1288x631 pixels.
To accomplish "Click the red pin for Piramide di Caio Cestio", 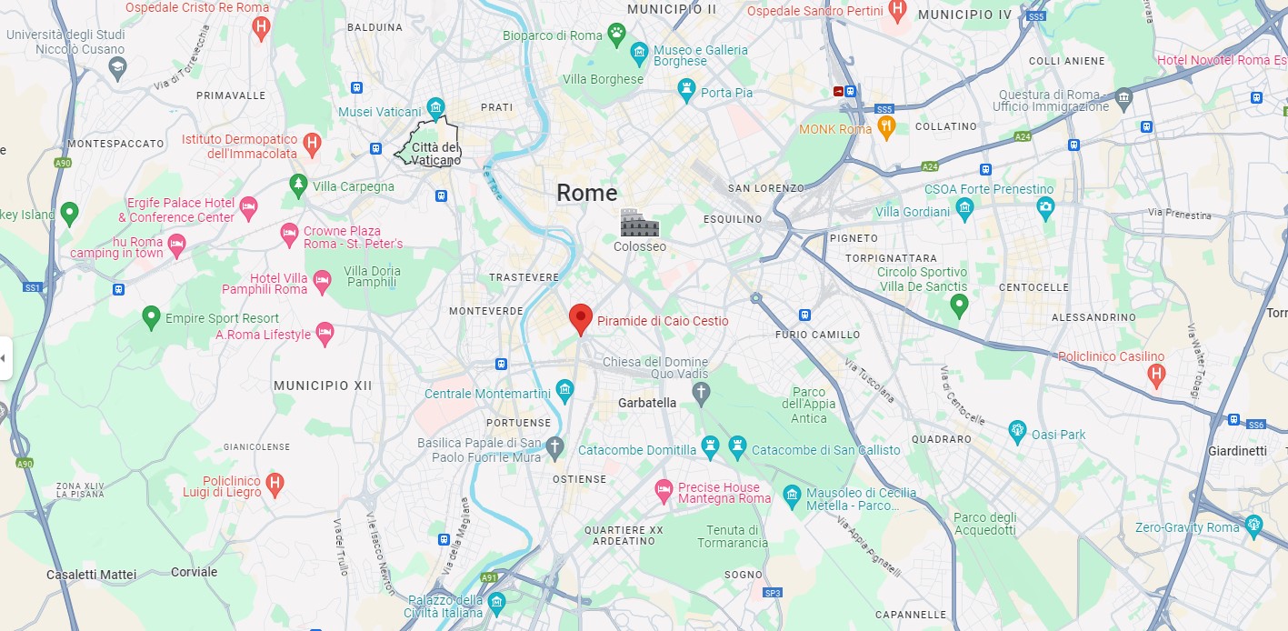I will click(580, 319).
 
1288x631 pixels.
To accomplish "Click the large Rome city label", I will click(586, 193).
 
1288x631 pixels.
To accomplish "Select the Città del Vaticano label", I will click(435, 154).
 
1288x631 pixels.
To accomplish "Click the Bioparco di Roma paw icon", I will click(617, 35).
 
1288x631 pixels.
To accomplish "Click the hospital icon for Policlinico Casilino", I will click(1156, 374).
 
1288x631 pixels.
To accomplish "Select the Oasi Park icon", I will click(1018, 434).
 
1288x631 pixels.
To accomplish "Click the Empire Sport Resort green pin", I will click(152, 318).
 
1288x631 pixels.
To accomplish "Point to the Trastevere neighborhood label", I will click(524, 276).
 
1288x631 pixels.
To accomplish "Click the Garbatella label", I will click(647, 403).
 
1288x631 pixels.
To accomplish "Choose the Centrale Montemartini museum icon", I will click(565, 393).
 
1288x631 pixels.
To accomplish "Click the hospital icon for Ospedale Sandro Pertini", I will click(898, 11).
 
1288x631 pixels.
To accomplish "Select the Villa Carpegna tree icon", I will click(298, 185).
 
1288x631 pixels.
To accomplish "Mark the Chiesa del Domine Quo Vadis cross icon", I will click(700, 394).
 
